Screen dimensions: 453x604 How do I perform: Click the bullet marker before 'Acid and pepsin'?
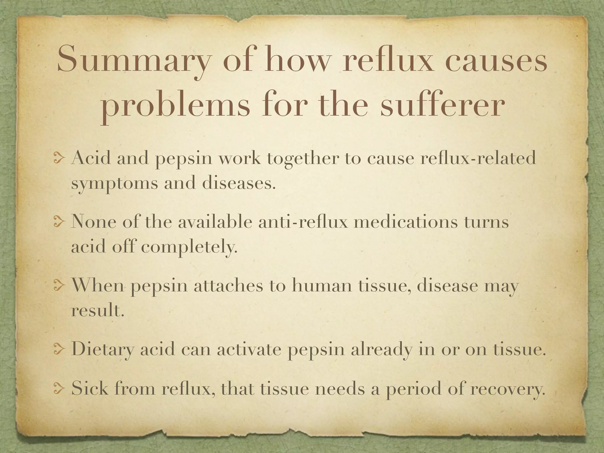(x=59, y=159)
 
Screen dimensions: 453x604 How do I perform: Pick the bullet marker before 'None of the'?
(x=59, y=222)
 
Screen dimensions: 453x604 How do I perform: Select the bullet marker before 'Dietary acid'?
(x=59, y=350)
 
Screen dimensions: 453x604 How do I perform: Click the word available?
(x=215, y=221)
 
